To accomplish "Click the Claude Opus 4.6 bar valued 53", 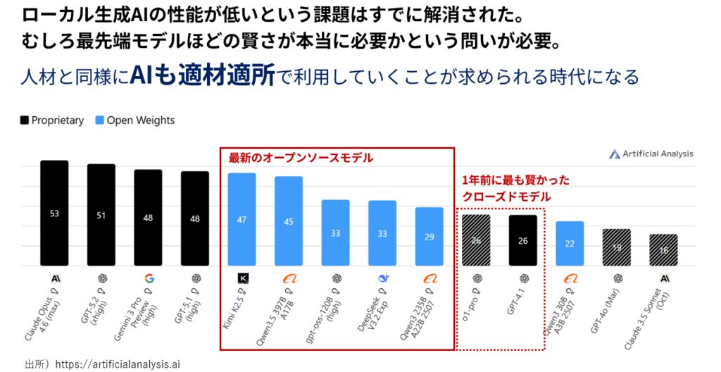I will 54,213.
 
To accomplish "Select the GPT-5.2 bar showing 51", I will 101,215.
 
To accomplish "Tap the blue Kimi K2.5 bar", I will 242,219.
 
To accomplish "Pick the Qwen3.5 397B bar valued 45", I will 289,221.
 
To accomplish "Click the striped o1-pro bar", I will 476,240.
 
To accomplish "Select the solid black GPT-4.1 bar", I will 522,240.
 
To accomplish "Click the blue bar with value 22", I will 570,243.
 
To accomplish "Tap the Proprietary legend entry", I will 52,120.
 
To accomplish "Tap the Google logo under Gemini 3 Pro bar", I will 149,278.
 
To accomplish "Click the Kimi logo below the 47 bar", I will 242,278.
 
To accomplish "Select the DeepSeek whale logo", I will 382,278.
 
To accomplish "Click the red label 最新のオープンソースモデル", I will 301,159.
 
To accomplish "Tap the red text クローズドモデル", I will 506,197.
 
